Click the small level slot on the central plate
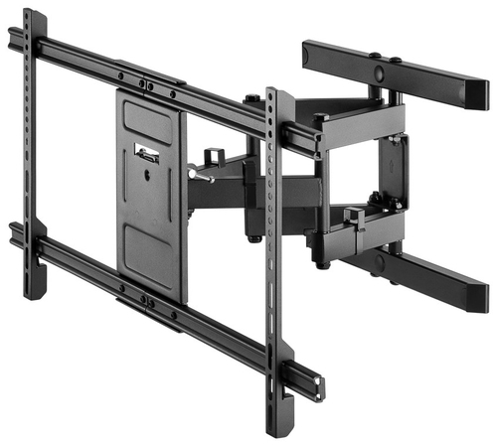click(x=146, y=154)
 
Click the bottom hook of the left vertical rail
click(x=36, y=288)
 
